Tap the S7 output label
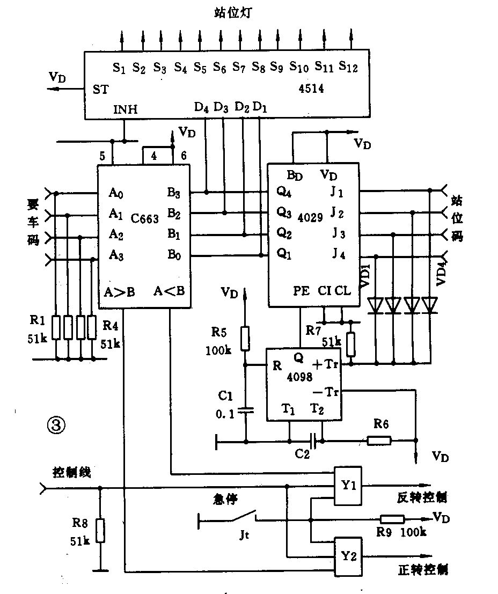click(x=239, y=68)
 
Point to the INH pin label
click(x=126, y=110)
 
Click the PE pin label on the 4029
click(x=301, y=291)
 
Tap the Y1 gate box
click(x=349, y=486)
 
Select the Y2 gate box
click(x=349, y=556)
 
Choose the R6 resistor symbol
click(x=379, y=441)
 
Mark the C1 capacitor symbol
click(x=246, y=411)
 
